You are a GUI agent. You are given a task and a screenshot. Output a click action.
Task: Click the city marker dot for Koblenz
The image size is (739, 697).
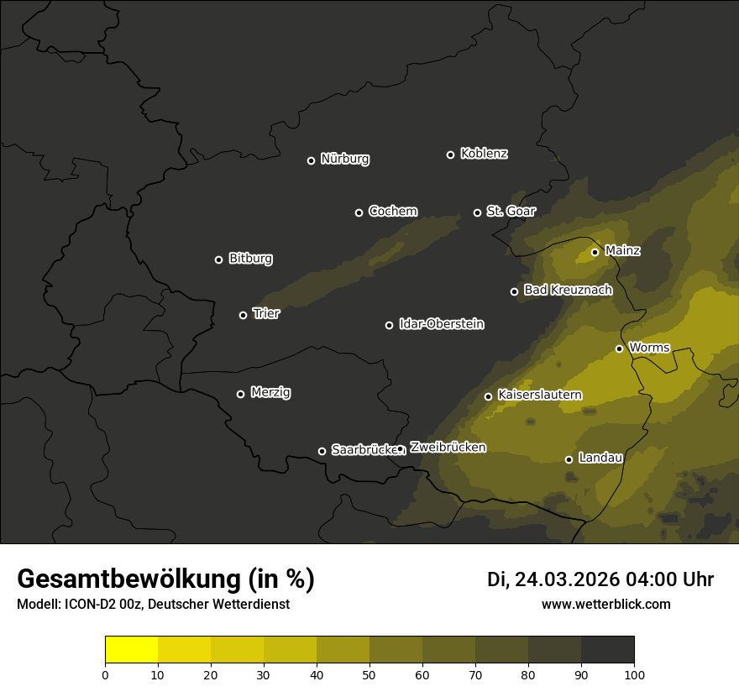(x=450, y=155)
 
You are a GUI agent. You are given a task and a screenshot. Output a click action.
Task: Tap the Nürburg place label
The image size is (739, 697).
(x=344, y=159)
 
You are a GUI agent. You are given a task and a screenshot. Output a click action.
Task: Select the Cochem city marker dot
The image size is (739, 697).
(x=359, y=212)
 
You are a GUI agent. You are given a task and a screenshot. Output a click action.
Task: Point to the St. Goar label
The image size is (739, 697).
(x=511, y=211)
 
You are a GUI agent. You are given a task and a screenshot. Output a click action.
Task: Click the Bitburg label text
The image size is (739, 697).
(x=250, y=259)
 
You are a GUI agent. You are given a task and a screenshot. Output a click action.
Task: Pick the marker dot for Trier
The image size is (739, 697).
(x=243, y=315)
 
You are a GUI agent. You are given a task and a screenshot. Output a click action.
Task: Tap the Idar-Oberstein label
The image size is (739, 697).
(x=441, y=323)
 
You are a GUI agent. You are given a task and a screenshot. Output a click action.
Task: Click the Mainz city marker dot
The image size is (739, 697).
(x=595, y=252)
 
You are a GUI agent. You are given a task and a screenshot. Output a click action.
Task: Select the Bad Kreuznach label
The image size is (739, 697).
(x=568, y=290)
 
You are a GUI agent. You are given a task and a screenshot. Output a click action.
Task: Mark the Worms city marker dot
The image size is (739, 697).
(x=619, y=348)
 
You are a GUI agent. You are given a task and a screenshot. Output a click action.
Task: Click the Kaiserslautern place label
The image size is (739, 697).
(x=539, y=395)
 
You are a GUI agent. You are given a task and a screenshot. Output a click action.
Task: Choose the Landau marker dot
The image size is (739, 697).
(x=569, y=459)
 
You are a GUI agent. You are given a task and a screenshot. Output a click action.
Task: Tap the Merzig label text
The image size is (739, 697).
(x=270, y=392)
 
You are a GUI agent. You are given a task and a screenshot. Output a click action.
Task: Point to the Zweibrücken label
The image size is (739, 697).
(x=448, y=447)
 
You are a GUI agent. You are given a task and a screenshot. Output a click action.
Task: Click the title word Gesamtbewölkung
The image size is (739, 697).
(x=128, y=579)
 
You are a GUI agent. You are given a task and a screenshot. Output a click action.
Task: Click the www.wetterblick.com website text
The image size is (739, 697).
(x=605, y=604)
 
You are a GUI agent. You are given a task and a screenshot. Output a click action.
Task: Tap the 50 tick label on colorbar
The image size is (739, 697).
(x=369, y=674)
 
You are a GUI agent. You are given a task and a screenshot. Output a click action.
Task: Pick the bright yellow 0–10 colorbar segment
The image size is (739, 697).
(x=131, y=650)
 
